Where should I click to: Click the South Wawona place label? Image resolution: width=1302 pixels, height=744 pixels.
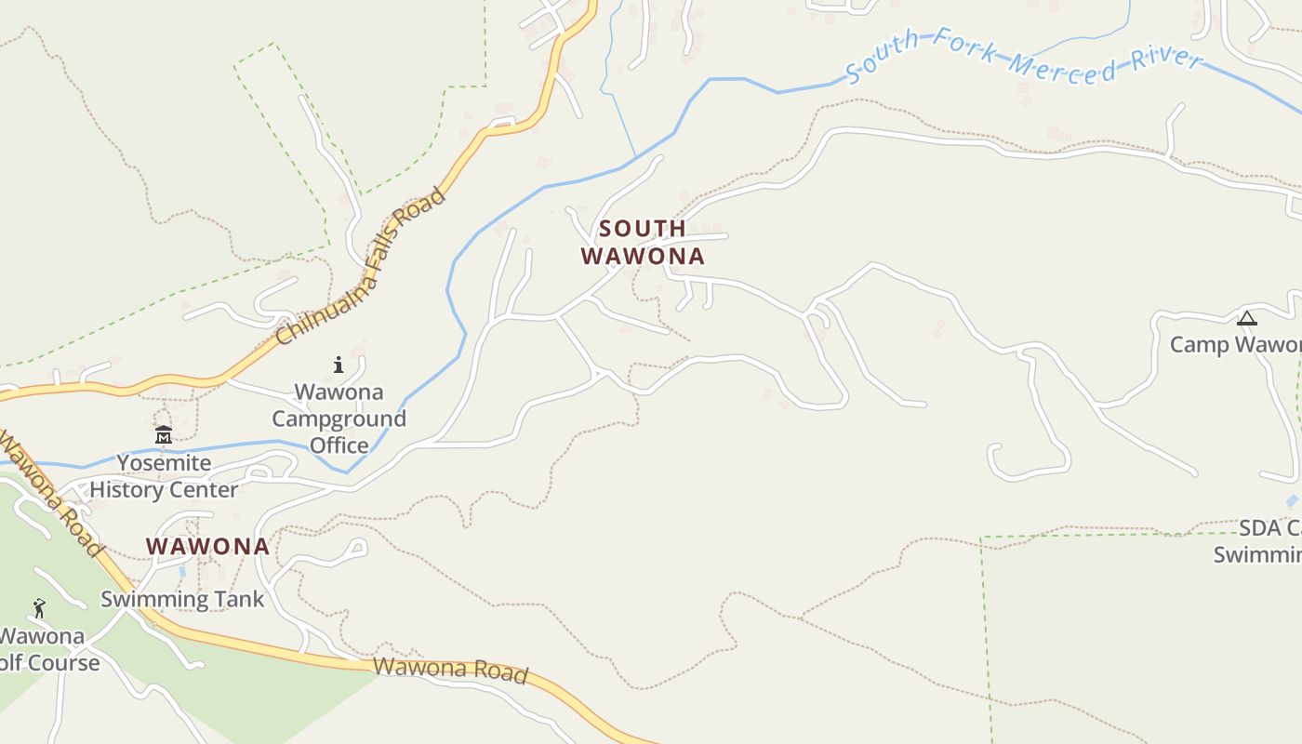[643, 242]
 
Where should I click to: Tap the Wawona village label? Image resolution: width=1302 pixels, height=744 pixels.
[207, 547]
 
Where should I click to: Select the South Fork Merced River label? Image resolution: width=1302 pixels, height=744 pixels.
[1023, 58]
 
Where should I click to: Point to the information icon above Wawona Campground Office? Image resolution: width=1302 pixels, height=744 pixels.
[339, 365]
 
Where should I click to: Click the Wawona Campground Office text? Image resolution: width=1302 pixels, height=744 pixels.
[339, 418]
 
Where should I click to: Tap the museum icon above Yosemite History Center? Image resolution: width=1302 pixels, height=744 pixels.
[164, 434]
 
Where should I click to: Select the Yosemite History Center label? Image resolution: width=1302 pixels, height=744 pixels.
[164, 476]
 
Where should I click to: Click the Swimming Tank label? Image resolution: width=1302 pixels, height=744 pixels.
[182, 599]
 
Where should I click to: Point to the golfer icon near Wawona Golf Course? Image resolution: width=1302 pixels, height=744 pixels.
[39, 609]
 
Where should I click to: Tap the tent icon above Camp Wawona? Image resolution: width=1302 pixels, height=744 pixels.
[1246, 319]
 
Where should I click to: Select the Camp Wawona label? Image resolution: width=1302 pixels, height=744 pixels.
[1235, 345]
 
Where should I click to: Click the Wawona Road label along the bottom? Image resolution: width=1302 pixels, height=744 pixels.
[451, 671]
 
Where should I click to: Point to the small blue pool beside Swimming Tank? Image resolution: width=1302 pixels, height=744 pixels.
[182, 571]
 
